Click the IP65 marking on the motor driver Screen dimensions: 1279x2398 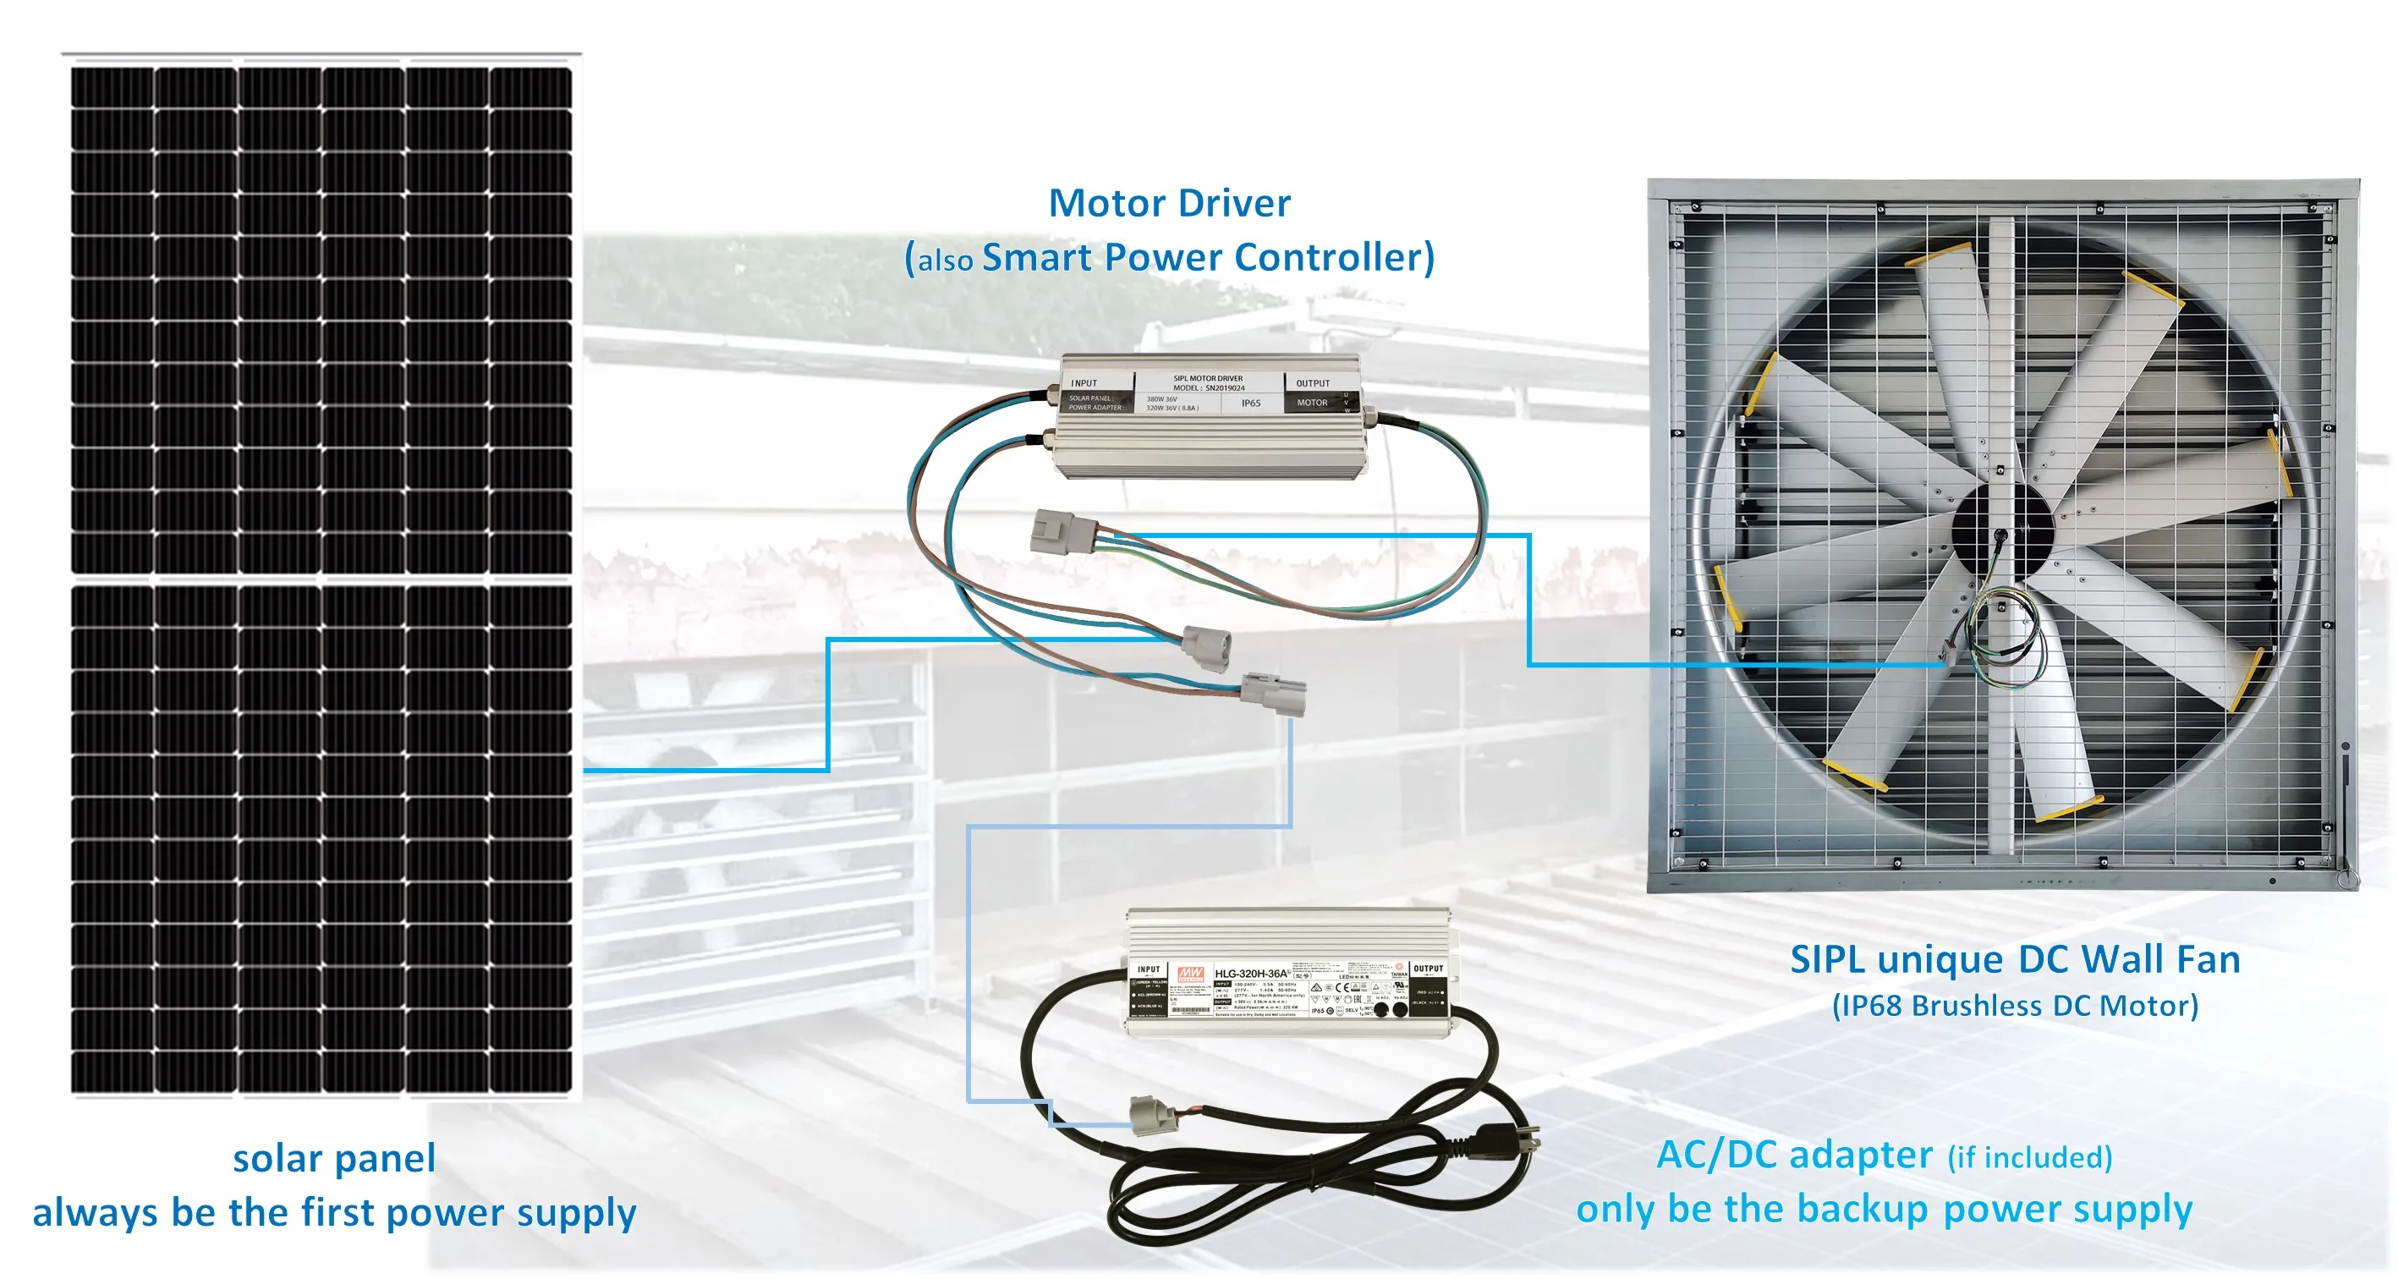(1250, 403)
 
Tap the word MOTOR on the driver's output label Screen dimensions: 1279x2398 (1312, 403)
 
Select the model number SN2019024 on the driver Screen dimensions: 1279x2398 (1224, 388)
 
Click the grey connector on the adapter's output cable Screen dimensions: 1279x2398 (1145, 1115)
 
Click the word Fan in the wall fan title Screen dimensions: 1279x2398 (2206, 960)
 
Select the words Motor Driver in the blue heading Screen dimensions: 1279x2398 (1169, 203)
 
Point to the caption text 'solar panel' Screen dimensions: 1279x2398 (333, 1158)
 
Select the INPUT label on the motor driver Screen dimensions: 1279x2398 (1084, 382)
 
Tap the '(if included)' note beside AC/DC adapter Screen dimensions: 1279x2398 (2029, 1157)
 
